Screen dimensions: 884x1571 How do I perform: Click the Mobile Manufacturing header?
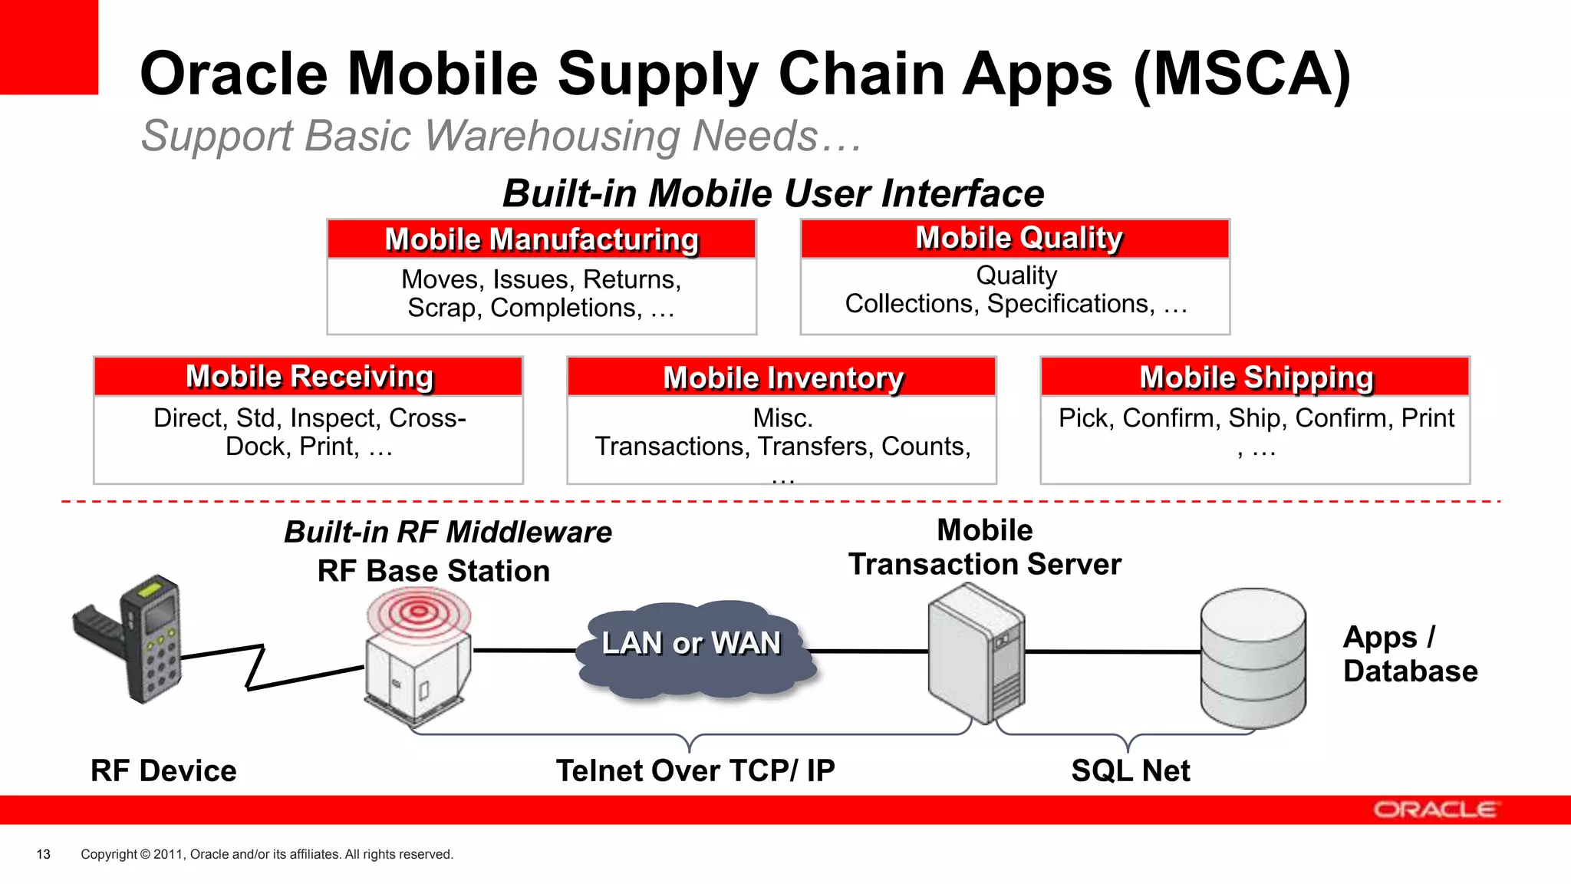[542, 239]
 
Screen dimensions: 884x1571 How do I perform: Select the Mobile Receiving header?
[308, 377]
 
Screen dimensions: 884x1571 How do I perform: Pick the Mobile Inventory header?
[782, 378]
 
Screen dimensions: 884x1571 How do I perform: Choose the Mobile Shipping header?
[1255, 378]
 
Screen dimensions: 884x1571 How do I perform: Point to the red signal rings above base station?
[418, 612]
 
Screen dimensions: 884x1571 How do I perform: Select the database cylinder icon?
[1253, 658]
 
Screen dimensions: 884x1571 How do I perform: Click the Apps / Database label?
[1408, 654]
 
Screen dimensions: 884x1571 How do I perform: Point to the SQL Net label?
[1130, 770]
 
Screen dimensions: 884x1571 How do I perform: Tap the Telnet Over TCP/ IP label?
[695, 770]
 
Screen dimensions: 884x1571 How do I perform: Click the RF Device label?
[163, 770]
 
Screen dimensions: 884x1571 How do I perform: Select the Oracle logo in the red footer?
[1434, 810]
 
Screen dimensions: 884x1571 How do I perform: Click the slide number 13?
[44, 854]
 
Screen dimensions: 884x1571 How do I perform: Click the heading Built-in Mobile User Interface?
[772, 193]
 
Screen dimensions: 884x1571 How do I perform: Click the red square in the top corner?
[48, 46]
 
